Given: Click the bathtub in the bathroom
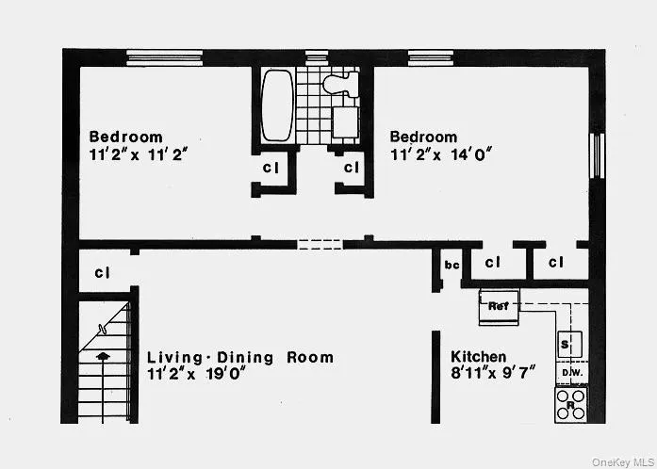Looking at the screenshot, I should (277, 104).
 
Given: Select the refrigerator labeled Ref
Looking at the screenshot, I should (498, 305).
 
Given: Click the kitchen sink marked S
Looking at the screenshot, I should (567, 343).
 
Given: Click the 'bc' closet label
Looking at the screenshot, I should (451, 265).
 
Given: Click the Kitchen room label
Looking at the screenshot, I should (481, 356).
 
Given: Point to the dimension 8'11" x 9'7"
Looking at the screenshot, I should (493, 373).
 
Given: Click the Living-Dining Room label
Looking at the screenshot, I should (240, 357).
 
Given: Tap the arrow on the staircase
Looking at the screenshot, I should (103, 357).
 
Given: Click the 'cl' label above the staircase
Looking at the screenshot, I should (102, 273).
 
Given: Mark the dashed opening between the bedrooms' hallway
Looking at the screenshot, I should (320, 245).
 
